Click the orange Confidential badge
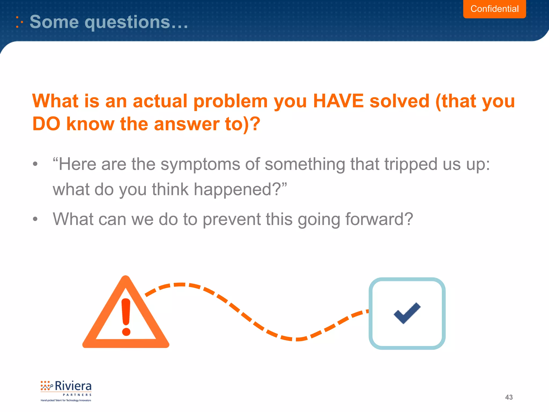tap(494, 9)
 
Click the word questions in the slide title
tap(127, 22)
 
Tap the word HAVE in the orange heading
tap(338, 101)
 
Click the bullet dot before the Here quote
tap(35, 164)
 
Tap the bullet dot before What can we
tap(35, 219)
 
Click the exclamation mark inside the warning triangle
tap(126, 317)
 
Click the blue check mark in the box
tap(407, 313)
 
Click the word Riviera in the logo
tap(73, 386)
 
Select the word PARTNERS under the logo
tap(77, 395)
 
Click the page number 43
tap(509, 397)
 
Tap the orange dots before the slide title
tap(19, 22)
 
